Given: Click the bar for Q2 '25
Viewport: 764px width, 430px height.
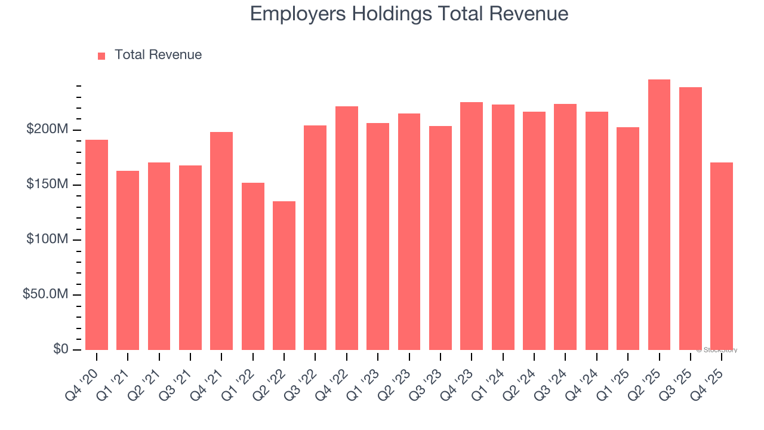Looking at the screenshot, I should coord(659,215).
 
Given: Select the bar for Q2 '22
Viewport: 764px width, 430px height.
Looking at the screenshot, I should coord(284,275).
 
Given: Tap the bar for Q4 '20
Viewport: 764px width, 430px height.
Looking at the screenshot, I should coord(97,245).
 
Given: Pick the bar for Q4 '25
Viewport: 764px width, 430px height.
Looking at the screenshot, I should coord(722,256).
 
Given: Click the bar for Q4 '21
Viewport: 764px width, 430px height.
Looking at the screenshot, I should coord(221,241).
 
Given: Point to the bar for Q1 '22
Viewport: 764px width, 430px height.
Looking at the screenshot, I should coord(253,266).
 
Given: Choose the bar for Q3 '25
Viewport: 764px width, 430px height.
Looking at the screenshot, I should coord(691,219).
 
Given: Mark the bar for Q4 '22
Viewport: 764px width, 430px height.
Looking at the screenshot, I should coord(347,228).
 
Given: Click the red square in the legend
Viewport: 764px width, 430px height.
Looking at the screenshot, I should coord(101,56).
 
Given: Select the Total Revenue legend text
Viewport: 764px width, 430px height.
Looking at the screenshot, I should coord(158,55).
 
